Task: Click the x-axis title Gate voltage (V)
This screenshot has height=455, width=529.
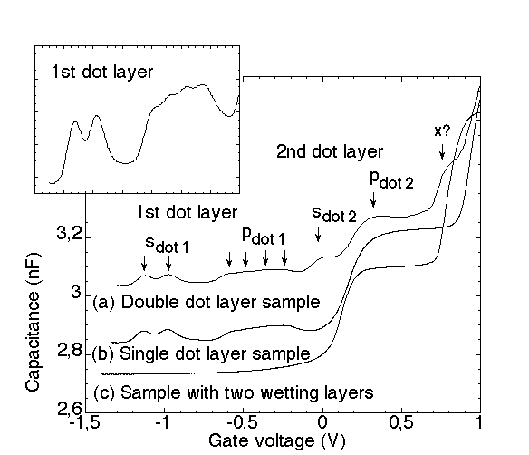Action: click(277, 440)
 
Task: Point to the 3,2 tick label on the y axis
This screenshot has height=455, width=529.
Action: click(70, 234)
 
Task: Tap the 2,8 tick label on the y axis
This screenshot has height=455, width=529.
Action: click(70, 351)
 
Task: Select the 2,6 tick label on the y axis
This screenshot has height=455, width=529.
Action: click(70, 409)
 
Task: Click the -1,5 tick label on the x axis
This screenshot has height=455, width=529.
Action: click(85, 422)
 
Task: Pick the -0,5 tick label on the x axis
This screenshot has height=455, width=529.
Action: click(243, 422)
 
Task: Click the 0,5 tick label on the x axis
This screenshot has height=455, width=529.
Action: click(401, 422)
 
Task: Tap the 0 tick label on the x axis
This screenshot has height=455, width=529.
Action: click(322, 422)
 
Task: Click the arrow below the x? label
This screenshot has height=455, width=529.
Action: click(442, 151)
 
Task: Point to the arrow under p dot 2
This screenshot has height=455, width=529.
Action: click(373, 199)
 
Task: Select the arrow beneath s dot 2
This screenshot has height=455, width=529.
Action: click(318, 234)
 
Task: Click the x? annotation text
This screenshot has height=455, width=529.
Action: click(442, 131)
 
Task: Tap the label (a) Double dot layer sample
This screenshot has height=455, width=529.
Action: click(207, 302)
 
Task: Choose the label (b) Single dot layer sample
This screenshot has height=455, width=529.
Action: click(201, 353)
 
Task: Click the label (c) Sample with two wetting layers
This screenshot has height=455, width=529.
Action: click(234, 392)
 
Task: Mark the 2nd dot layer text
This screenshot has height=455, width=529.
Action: click(330, 151)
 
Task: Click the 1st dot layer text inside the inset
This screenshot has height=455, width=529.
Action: click(102, 72)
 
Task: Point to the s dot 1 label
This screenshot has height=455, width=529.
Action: click(167, 245)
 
